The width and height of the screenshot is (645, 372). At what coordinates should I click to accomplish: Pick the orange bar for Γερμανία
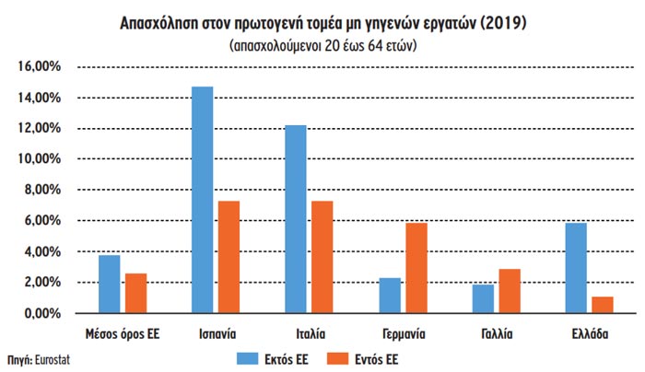click(x=416, y=268)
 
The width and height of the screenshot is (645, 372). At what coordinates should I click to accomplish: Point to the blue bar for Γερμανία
click(x=390, y=296)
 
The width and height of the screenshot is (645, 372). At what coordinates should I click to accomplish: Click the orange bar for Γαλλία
click(x=510, y=291)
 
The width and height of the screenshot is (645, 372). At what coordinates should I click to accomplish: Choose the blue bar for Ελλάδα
click(x=576, y=268)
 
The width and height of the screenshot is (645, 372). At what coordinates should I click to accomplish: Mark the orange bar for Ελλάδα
click(x=603, y=305)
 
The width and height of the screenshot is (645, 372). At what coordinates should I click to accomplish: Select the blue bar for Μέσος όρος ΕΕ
click(x=109, y=284)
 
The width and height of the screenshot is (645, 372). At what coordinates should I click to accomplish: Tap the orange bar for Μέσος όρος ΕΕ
click(x=135, y=293)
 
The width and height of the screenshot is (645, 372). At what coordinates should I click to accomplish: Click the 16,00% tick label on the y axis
click(x=37, y=67)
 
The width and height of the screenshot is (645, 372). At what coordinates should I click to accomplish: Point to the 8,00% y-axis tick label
click(x=40, y=190)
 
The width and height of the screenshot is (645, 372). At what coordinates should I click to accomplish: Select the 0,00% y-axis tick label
click(x=40, y=313)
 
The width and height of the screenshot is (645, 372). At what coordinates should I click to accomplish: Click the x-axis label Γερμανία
click(x=403, y=333)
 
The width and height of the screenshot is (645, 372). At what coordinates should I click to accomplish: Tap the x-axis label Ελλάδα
click(x=589, y=333)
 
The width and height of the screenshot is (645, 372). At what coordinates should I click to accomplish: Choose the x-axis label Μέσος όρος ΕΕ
click(x=122, y=333)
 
